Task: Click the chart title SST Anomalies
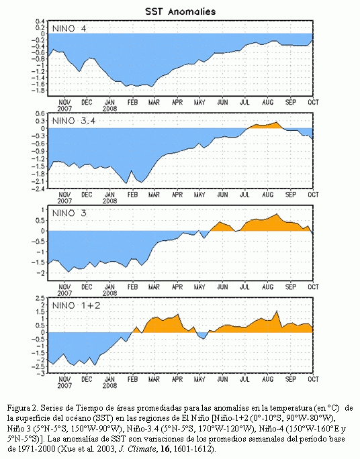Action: pos(180,11)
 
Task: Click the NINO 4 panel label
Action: pos(69,28)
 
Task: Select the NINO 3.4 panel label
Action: pos(74,121)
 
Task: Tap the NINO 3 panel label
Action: pos(69,213)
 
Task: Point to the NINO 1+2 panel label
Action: pos(76,305)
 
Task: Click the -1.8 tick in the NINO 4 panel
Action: pos(38,90)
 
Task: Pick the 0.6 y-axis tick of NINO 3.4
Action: pos(40,113)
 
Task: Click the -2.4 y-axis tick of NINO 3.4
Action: pos(38,189)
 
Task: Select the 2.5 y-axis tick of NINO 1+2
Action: pos(40,299)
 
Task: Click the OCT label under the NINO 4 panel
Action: pos(313,102)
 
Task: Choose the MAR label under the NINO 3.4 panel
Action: pos(154,195)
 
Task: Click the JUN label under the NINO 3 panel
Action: pos(222,287)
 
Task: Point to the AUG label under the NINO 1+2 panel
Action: pos(267,379)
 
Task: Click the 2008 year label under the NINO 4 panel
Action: pos(110,109)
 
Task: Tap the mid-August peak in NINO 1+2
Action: pos(277,311)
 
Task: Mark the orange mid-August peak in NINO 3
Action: pos(277,215)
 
